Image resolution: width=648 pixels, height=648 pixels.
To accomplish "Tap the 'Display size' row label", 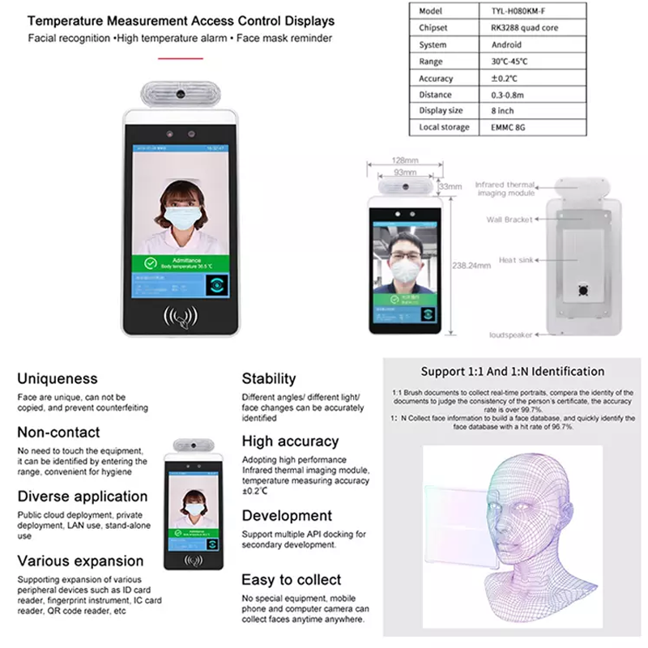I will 441,111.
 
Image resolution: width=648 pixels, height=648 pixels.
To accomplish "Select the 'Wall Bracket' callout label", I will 509,220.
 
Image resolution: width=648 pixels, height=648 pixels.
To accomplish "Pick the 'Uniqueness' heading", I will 58,378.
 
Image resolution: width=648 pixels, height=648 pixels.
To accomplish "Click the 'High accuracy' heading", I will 290,441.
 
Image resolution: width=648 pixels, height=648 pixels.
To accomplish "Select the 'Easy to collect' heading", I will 292,580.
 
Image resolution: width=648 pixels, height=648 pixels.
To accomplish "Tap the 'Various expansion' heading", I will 80,561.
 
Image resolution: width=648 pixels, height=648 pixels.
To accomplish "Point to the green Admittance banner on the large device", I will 183,262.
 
